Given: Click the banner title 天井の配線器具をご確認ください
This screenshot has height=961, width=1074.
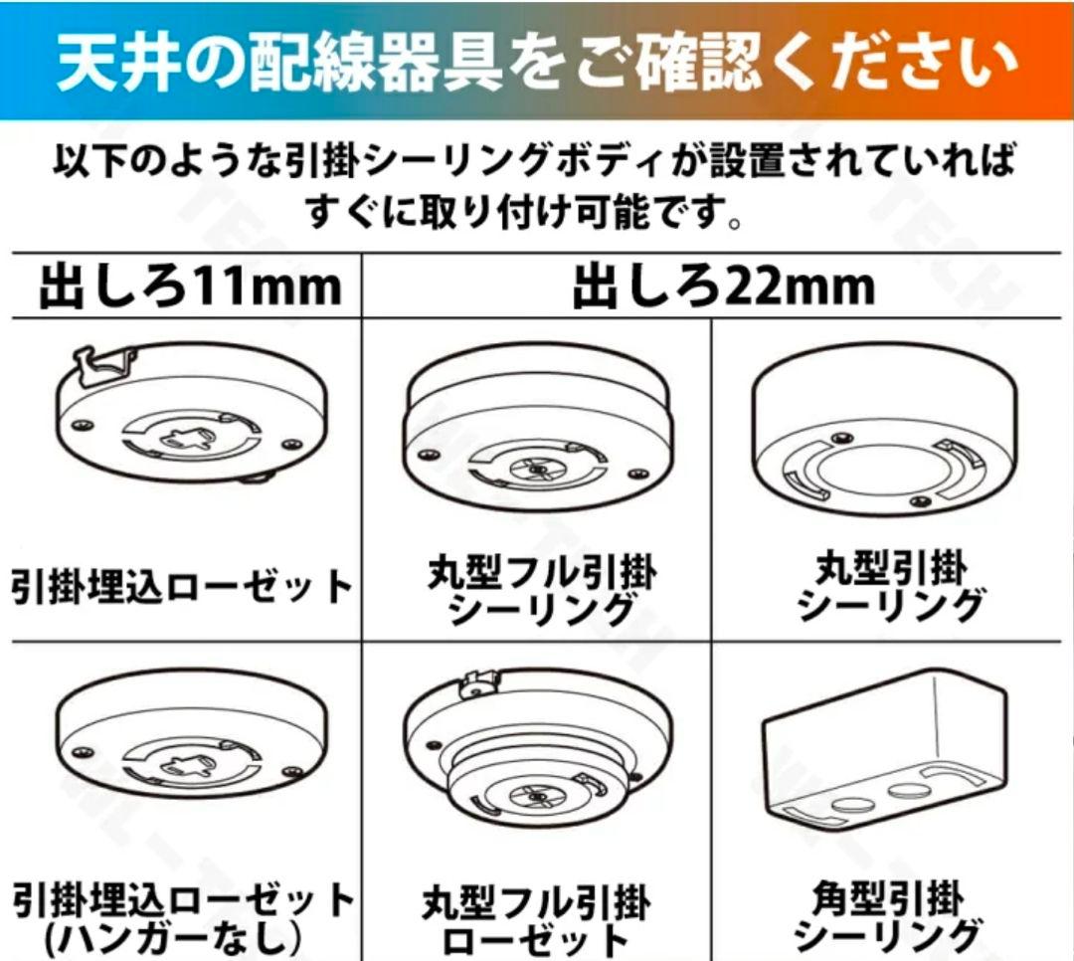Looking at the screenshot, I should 537,62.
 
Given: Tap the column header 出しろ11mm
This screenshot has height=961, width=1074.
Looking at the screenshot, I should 189,287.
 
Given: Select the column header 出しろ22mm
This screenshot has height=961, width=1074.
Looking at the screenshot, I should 723,287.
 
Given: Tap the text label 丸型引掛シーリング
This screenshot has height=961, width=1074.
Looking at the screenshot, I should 889,587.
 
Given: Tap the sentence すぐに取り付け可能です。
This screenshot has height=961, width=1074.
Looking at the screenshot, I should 524,212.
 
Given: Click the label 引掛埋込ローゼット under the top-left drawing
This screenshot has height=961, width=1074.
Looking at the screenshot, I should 181,587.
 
